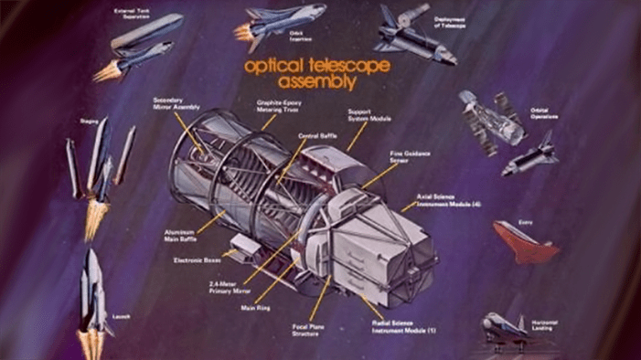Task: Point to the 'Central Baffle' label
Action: point(315,135)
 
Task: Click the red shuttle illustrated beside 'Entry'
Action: point(525,241)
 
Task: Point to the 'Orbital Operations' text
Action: point(546,115)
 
